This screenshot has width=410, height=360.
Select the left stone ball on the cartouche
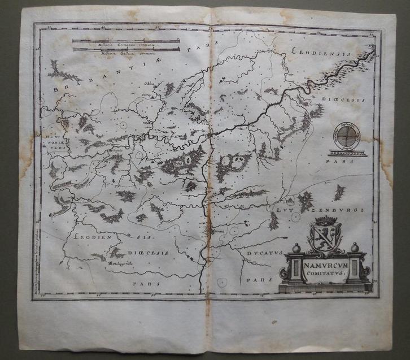[295, 248]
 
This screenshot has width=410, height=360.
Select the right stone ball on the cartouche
[354, 247]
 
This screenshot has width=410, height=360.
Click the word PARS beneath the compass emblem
[342, 161]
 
